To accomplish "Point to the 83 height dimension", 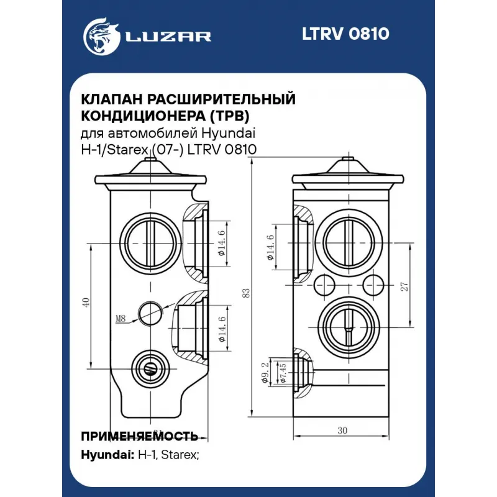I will coord(247,292).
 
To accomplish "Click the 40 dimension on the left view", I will coord(86,303).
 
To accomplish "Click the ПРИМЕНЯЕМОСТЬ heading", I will coord(139,435).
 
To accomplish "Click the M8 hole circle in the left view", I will coord(150,313).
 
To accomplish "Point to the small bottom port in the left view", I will coord(150,368).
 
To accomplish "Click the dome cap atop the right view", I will coord(349,169).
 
